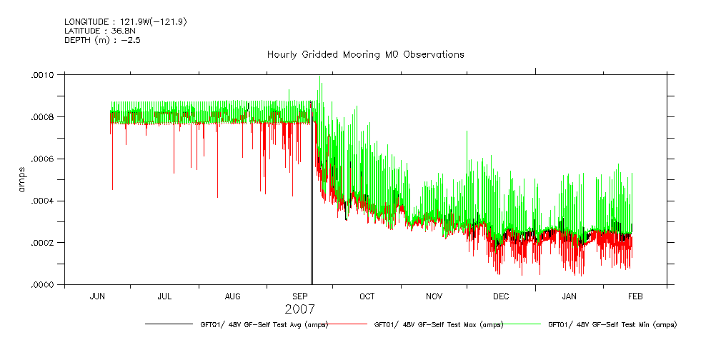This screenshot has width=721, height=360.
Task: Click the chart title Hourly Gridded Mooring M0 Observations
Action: click(x=365, y=54)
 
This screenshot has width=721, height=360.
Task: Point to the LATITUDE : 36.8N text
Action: click(x=101, y=31)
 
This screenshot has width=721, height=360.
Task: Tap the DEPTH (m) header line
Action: click(x=99, y=40)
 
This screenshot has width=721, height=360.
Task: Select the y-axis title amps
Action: click(x=21, y=179)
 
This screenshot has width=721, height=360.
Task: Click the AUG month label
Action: click(x=232, y=296)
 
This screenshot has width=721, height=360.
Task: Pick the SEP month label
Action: click(x=300, y=296)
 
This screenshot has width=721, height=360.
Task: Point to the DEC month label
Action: click(x=501, y=296)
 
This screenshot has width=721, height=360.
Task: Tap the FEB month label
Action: click(x=635, y=296)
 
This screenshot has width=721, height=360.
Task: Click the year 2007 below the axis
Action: click(x=299, y=309)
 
